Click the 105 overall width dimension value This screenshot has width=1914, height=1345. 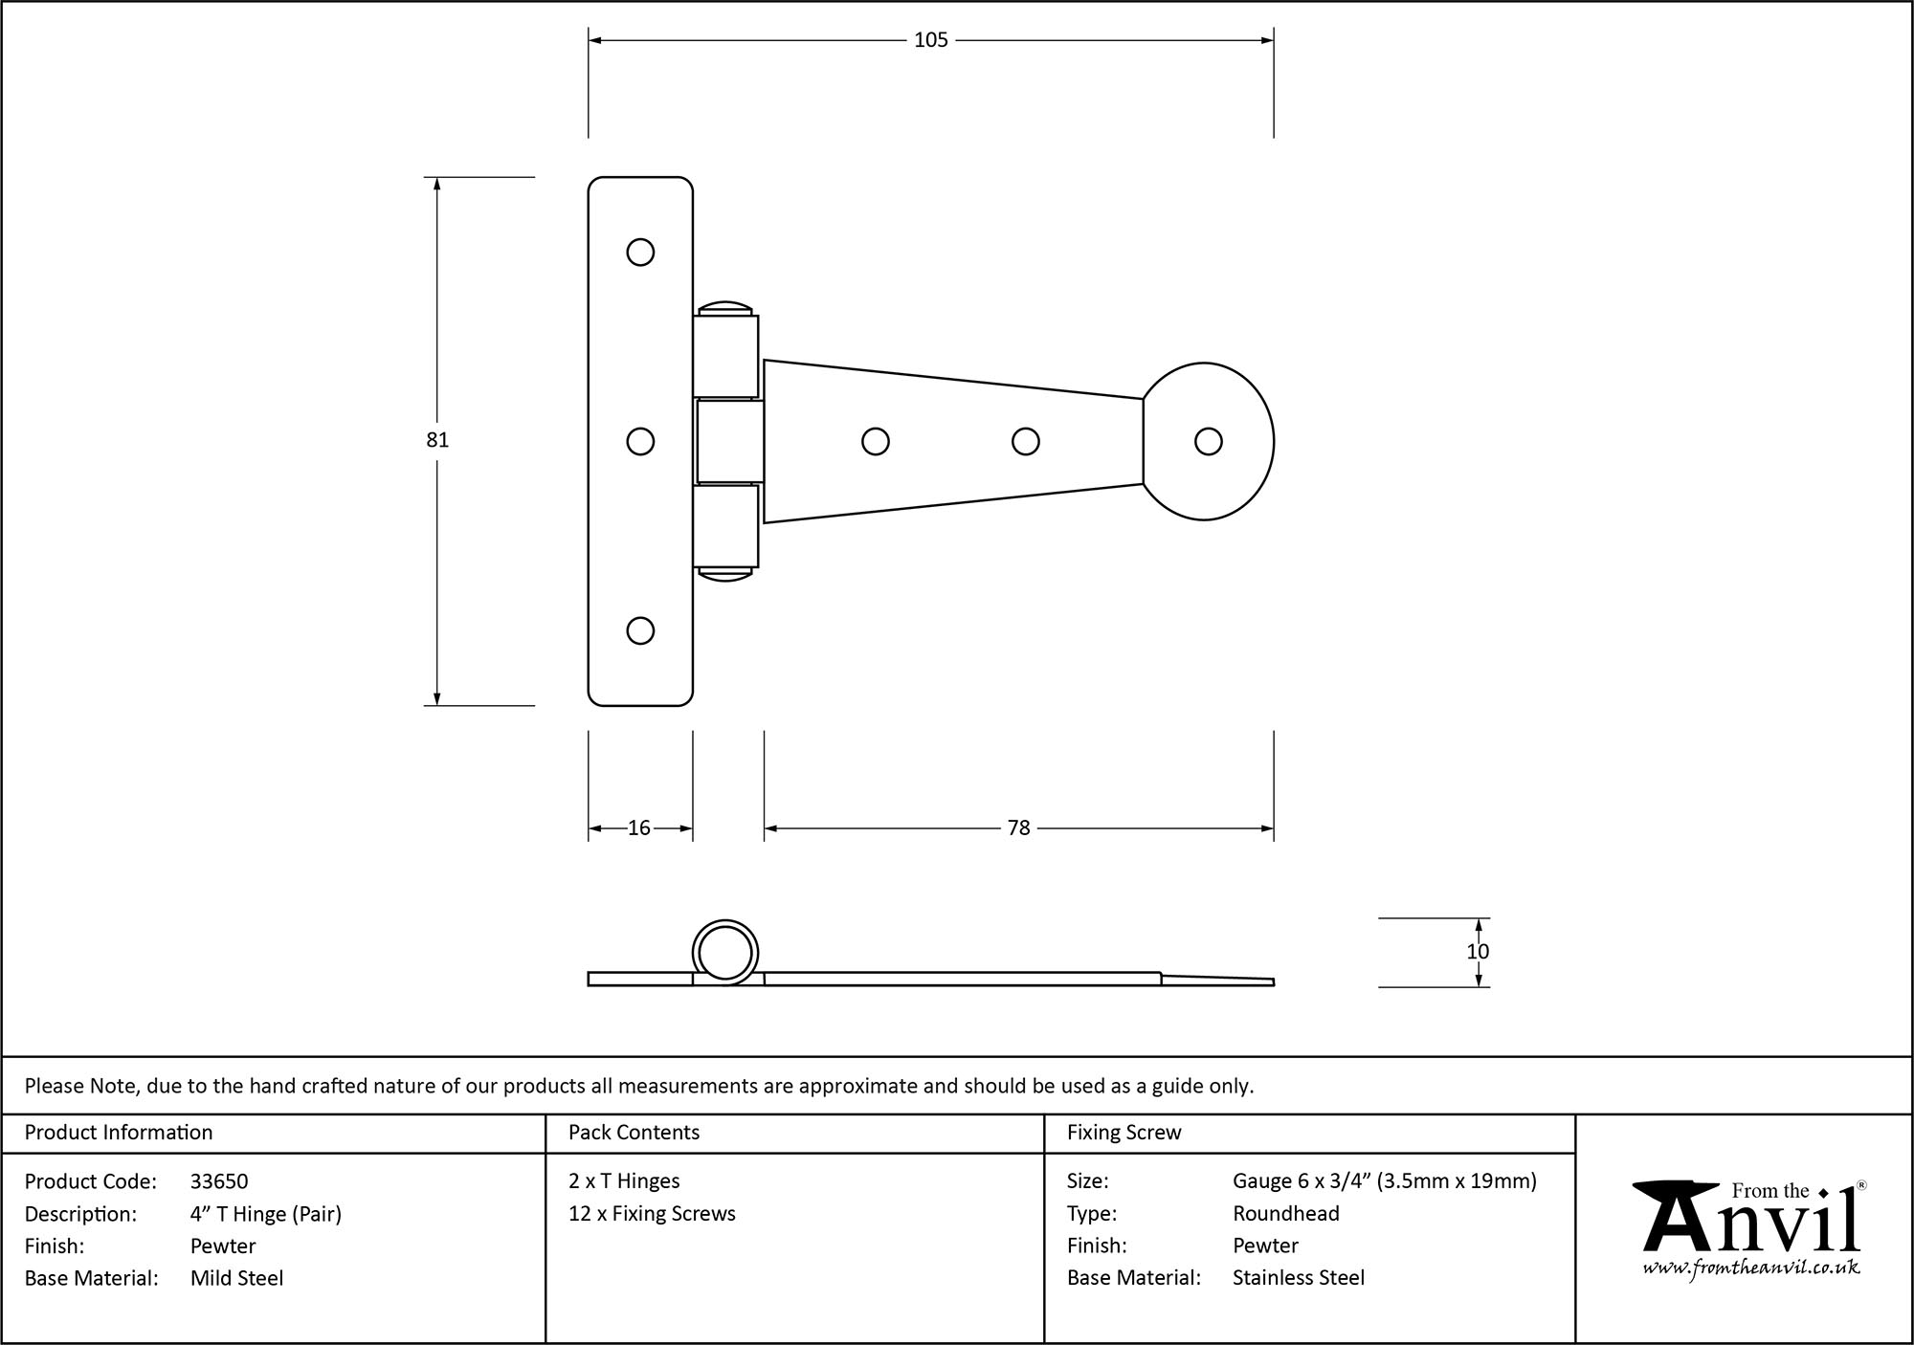[x=930, y=40]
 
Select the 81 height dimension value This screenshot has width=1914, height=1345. [x=437, y=440]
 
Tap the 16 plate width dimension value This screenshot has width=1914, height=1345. [x=639, y=828]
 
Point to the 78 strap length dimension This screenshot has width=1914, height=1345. [x=1018, y=828]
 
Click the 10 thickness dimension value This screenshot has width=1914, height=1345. [x=1478, y=952]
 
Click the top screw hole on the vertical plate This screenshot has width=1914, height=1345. [x=640, y=253]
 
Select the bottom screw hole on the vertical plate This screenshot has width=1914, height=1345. [x=640, y=630]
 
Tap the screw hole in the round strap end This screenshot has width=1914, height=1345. [x=1208, y=441]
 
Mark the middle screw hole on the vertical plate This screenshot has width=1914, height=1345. [x=640, y=441]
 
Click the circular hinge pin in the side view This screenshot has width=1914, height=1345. [x=724, y=953]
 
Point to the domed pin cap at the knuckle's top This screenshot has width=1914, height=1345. [x=725, y=308]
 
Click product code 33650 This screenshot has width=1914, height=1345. [x=219, y=1181]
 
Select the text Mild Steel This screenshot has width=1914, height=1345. [x=236, y=1278]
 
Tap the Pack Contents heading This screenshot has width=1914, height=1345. [x=634, y=1133]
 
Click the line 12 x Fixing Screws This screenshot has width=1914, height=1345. [x=652, y=1214]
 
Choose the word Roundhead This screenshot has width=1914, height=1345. [x=1285, y=1214]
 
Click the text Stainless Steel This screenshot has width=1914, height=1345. [x=1298, y=1278]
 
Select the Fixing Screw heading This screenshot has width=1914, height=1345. [x=1124, y=1133]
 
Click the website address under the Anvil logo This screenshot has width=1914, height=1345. [x=1751, y=1268]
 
